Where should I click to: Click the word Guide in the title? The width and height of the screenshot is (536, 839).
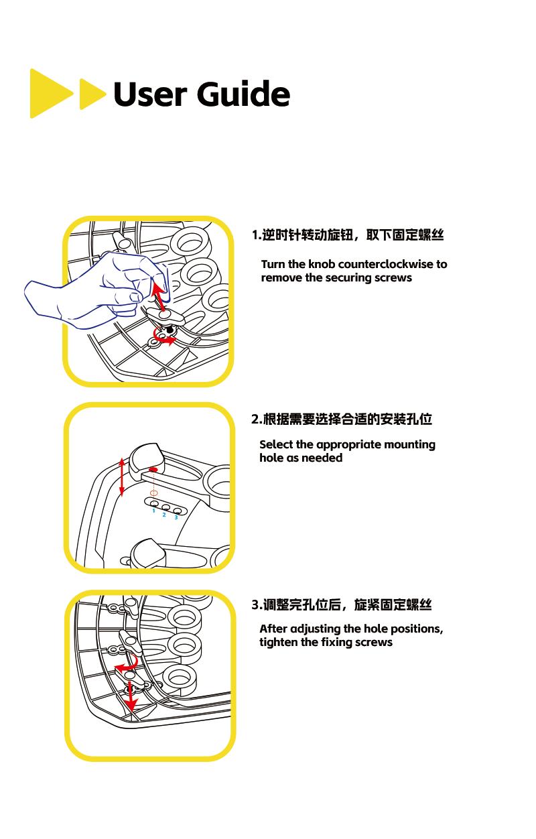click(244, 94)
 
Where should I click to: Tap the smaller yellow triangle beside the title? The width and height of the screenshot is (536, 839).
click(91, 94)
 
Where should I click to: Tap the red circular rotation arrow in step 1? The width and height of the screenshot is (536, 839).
click(165, 337)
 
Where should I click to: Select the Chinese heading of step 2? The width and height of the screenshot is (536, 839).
click(342, 419)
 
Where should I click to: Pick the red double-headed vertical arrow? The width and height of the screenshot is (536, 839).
click(121, 476)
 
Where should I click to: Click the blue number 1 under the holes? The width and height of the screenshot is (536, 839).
click(153, 511)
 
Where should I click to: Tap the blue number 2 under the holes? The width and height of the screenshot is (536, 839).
click(164, 515)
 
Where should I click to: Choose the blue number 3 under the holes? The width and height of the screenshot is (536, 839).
click(176, 517)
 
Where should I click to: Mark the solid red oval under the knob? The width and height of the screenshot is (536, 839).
click(153, 470)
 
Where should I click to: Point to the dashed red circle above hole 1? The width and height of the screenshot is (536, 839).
click(153, 493)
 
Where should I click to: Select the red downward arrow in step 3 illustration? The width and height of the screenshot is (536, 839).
click(132, 697)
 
